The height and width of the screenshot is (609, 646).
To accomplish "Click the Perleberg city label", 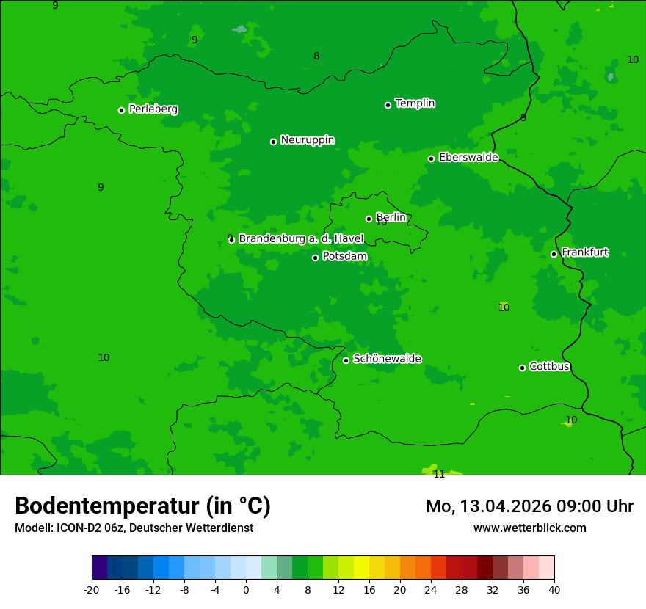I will [x=153, y=109].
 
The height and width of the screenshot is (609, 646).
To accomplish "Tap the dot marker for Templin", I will [x=388, y=105].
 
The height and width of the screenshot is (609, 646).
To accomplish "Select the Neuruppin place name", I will [x=307, y=140].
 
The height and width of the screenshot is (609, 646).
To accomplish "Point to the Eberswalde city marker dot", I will [x=431, y=158].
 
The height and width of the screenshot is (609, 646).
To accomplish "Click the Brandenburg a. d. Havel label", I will [x=301, y=239].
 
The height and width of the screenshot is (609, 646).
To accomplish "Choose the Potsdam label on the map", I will [x=344, y=257].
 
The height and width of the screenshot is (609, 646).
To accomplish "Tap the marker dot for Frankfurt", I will [x=554, y=254].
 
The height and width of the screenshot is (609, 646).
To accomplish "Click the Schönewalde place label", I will [x=387, y=359].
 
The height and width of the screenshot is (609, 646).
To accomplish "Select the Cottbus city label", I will [x=549, y=366].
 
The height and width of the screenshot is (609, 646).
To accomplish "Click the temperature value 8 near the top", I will [x=316, y=56].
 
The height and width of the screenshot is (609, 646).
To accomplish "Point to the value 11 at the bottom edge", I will [x=439, y=474].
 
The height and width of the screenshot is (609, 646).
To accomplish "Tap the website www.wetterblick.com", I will [x=529, y=528].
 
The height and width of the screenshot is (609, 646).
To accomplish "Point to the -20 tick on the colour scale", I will [x=92, y=588].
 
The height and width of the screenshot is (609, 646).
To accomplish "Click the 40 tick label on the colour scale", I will [x=554, y=588].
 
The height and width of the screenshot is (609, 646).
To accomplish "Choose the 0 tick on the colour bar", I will [x=246, y=588].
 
